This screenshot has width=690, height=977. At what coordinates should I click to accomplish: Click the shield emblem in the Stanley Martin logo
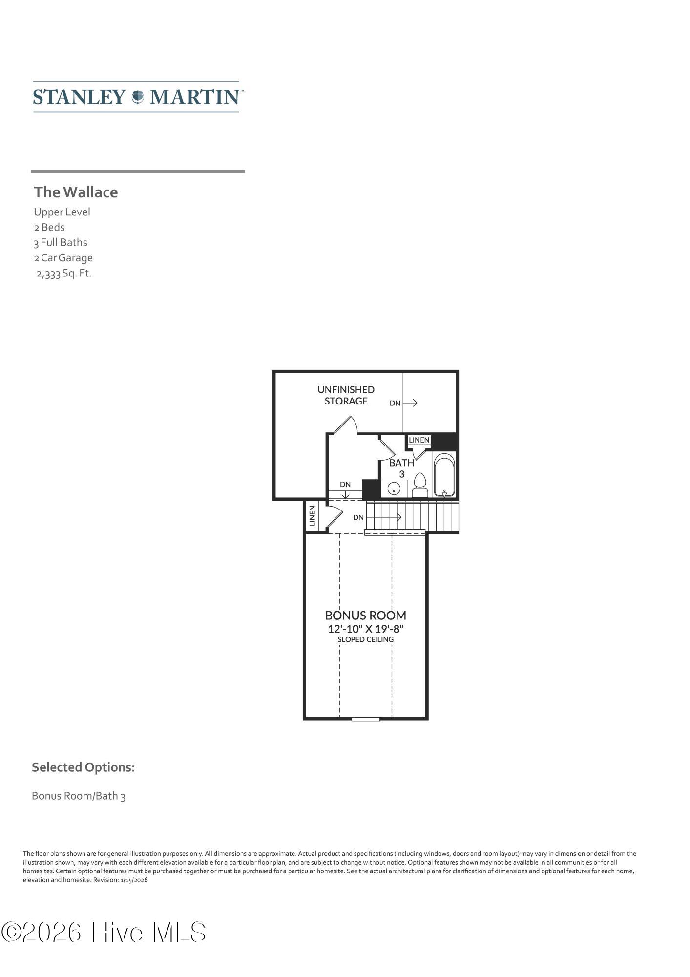click(138, 97)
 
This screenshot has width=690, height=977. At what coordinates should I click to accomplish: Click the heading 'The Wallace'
click(76, 192)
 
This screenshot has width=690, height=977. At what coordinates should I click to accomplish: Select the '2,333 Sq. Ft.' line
click(64, 273)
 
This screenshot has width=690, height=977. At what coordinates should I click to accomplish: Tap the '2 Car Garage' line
click(63, 257)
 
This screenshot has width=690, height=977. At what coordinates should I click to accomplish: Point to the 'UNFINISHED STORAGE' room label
click(346, 395)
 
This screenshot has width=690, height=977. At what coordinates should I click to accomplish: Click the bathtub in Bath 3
click(444, 475)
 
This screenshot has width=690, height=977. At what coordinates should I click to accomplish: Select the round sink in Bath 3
click(394, 488)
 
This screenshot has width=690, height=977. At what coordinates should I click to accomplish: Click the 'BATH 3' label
click(401, 468)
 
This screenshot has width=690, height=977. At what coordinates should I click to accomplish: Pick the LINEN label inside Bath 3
click(419, 440)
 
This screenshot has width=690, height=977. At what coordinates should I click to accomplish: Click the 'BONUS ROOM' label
click(366, 615)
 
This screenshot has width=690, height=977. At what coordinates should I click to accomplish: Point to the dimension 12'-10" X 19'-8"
click(366, 628)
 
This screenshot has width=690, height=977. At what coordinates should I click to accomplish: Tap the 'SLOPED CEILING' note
click(366, 639)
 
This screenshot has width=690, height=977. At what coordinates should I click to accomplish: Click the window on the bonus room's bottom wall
click(366, 719)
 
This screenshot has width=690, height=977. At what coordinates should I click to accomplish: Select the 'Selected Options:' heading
click(83, 767)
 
